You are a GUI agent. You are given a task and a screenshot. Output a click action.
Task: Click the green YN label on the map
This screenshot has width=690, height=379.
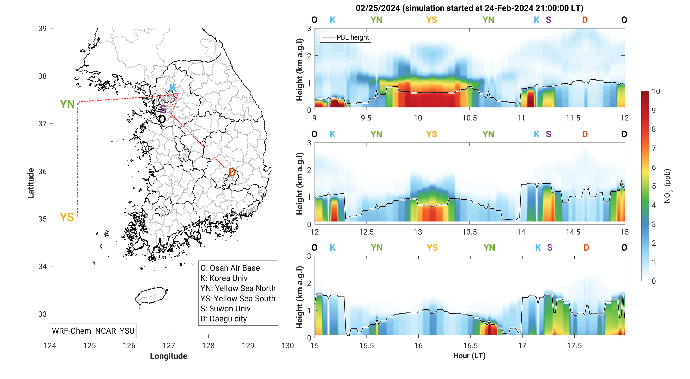[x=67, y=104]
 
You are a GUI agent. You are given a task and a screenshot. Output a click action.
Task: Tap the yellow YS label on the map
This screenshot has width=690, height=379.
[x=67, y=217]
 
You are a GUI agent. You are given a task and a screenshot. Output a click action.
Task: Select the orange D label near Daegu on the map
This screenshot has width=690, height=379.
[x=232, y=172]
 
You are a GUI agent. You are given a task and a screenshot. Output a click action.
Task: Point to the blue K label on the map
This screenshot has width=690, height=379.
[x=173, y=88]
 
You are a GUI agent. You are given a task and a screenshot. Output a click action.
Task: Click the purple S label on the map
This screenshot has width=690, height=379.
[x=163, y=109]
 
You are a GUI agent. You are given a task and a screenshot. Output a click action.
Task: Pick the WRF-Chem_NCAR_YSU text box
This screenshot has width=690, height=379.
[x=93, y=331]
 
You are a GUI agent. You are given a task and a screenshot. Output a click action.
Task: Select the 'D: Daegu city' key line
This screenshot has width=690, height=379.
[x=223, y=319]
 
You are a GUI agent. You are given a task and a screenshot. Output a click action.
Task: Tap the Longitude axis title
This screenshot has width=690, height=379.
[x=168, y=356]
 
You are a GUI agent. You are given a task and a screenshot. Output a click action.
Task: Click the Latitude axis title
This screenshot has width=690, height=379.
[x=31, y=183]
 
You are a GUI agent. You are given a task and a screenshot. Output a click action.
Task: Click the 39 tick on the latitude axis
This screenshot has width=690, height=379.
[x=42, y=28]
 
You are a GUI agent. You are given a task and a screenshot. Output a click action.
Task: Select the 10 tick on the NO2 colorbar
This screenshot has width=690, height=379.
[x=656, y=91]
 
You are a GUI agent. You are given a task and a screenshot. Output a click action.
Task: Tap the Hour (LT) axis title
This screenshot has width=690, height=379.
[x=469, y=356]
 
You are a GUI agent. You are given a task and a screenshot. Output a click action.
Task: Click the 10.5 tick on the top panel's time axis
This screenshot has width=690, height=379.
[x=469, y=118]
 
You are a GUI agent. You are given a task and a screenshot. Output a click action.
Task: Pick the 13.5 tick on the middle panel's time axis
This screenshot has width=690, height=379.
[x=469, y=232]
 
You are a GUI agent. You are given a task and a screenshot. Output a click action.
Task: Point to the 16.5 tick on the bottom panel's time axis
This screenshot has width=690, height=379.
[x=470, y=346]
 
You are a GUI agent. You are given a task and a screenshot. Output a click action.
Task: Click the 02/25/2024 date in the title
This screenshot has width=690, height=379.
[x=378, y=8]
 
